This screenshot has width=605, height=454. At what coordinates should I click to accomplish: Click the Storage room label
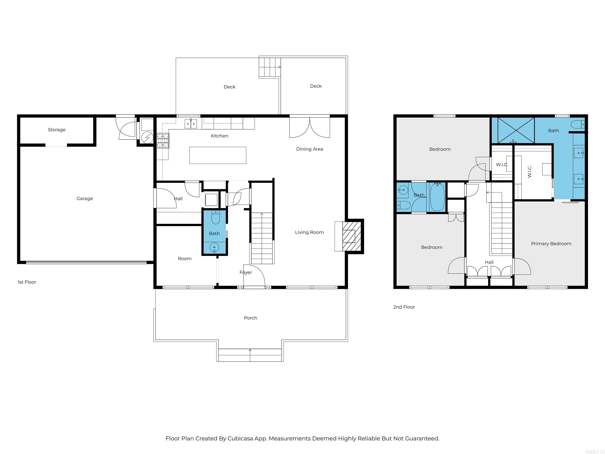57,130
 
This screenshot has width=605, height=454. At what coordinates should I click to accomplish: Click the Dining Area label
309,149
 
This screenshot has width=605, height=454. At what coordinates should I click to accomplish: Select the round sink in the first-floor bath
214,248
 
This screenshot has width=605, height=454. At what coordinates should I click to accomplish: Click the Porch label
250,318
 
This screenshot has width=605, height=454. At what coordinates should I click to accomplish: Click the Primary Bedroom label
551,244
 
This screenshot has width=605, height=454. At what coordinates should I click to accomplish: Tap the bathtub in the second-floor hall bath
437,197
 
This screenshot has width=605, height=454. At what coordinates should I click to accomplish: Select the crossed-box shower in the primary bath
516,130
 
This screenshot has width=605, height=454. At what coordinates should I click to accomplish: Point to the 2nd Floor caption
404,307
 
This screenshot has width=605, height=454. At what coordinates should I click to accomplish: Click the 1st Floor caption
27,282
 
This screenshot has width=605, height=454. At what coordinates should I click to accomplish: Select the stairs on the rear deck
270,67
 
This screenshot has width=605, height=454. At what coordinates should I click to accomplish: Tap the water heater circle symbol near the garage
147,137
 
